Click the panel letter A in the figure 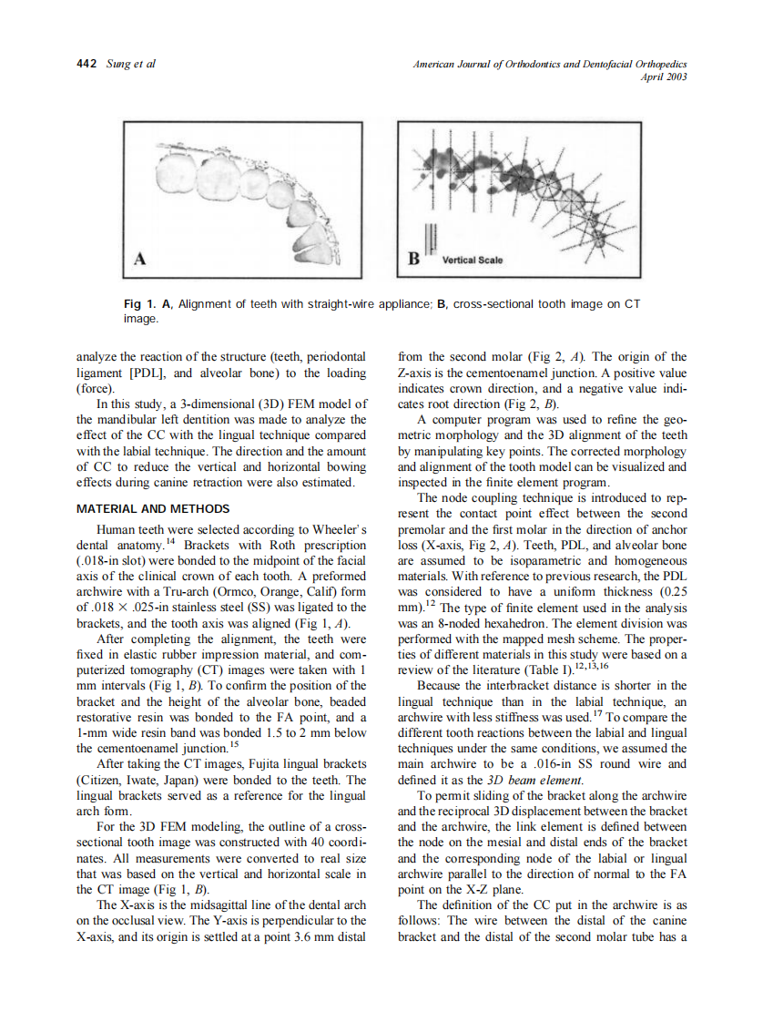(x=140, y=258)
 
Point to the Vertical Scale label (x=472, y=260)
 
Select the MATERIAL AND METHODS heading (x=151, y=509)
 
